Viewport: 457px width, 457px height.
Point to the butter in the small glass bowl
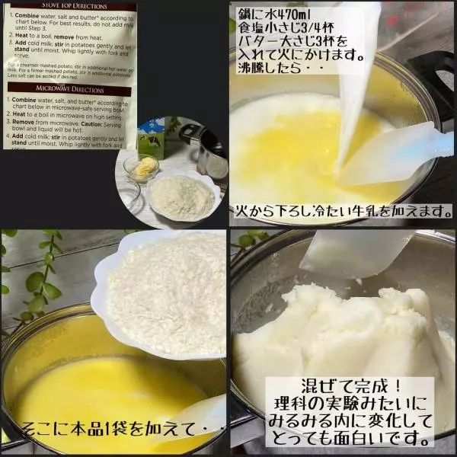(x=143, y=165)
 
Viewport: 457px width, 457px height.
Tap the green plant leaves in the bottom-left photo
(x=38, y=274)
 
